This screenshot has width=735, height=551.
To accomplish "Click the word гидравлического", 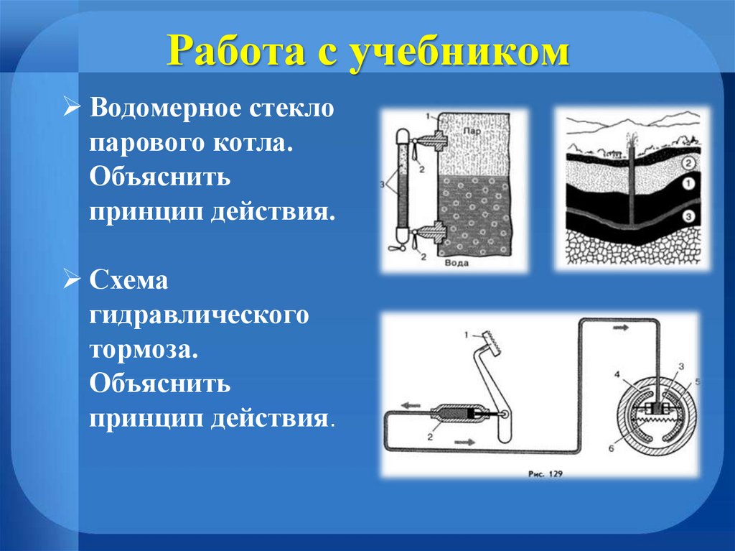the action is coord(199,315).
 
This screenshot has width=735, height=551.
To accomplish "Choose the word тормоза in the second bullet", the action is coord(141,350).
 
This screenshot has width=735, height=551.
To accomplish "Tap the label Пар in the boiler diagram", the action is coord(471,132).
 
